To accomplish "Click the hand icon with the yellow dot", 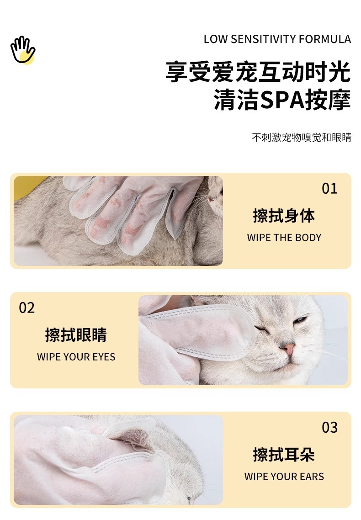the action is (22, 50).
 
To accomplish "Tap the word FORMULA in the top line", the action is (325, 39).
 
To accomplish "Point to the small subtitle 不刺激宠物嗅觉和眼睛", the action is (301, 137).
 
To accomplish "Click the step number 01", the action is (329, 188).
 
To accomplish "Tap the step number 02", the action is (27, 308).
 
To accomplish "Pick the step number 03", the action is (329, 427).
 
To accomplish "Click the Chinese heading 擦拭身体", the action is (284, 216).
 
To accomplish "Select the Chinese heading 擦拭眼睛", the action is (76, 334).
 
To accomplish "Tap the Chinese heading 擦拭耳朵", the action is (284, 454).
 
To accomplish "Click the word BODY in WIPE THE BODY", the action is (308, 238).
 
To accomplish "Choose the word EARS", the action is (312, 477).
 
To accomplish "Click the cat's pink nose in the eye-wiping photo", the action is (288, 348).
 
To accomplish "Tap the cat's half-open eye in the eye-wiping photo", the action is (300, 320).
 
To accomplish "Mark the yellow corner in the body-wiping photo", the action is (27, 186).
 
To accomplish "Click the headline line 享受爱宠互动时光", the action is (258, 72).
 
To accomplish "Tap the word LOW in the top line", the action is (216, 39).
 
